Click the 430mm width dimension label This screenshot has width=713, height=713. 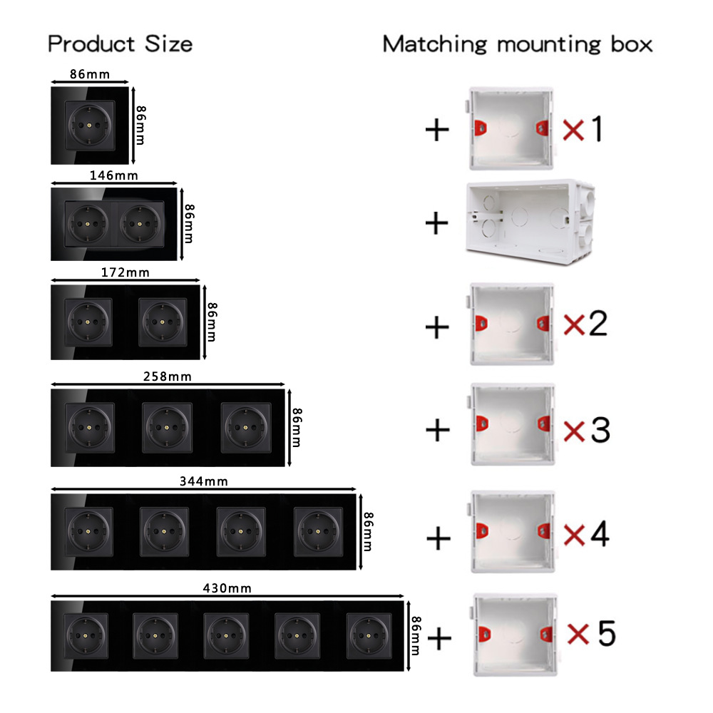pyautogui.click(x=227, y=588)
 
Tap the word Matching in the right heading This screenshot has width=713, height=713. pyautogui.click(x=435, y=43)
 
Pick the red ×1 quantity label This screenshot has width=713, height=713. pyautogui.click(x=583, y=130)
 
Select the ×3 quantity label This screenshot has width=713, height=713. pyautogui.click(x=587, y=429)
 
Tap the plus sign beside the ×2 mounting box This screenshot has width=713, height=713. pyautogui.click(x=437, y=327)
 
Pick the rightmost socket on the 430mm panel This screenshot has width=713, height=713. pyautogui.click(x=370, y=633)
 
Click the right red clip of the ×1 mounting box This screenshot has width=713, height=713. pyautogui.click(x=542, y=128)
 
